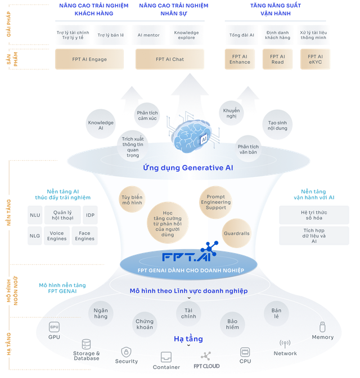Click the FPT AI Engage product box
click(x=89, y=59)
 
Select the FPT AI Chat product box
click(x=170, y=59)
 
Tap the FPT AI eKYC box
click(x=315, y=59)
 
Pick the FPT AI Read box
click(x=277, y=59)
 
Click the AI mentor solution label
click(x=148, y=35)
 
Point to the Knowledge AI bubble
click(x=101, y=124)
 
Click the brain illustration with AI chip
click(x=193, y=136)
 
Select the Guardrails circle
click(x=237, y=233)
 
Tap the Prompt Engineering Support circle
click(x=216, y=202)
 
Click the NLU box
click(x=35, y=215)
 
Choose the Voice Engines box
click(x=57, y=236)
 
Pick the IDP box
click(x=90, y=215)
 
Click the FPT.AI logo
click(x=190, y=251)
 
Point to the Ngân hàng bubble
click(x=101, y=313)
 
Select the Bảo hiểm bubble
click(x=232, y=324)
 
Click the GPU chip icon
click(x=54, y=327)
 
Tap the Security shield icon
click(x=126, y=352)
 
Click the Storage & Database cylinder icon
click(x=86, y=344)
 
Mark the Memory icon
click(x=322, y=327)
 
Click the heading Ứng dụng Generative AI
click(x=188, y=168)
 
